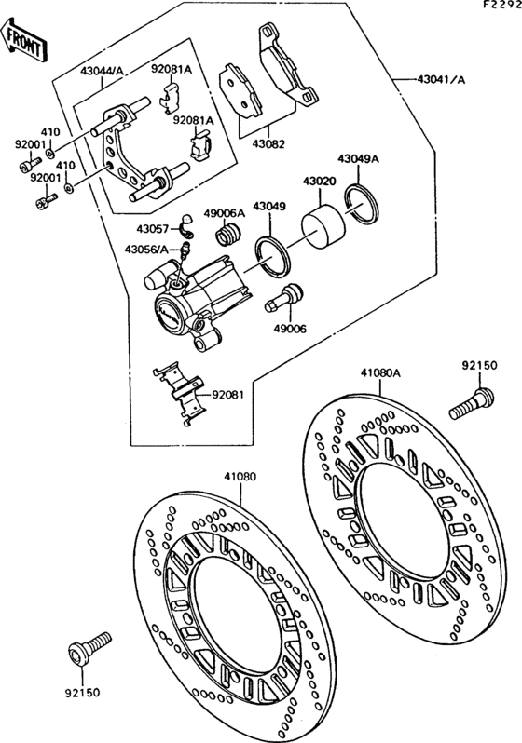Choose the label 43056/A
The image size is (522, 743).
point(148,248)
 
